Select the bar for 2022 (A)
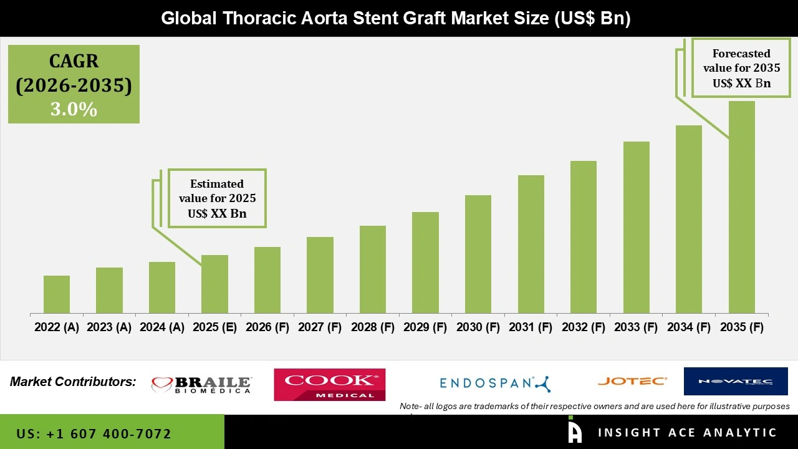pos(57,294)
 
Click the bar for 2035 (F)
pos(741,207)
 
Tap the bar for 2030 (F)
pos(478,254)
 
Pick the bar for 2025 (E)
pos(214,284)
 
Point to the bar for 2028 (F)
pos(373,269)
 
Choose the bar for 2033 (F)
pos(636,227)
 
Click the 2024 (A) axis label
pos(162,327)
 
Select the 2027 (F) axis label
pos(320,327)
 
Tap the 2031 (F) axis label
pos(531,327)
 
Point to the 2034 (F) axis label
pos(689,327)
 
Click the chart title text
pos(396,18)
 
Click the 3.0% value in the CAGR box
pos(74,109)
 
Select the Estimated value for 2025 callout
pos(217,198)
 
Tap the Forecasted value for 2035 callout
pos(741,68)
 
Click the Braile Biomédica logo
pos(201,385)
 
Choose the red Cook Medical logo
pos(330,384)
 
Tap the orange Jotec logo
pos(632,381)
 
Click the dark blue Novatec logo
pos(736,381)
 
